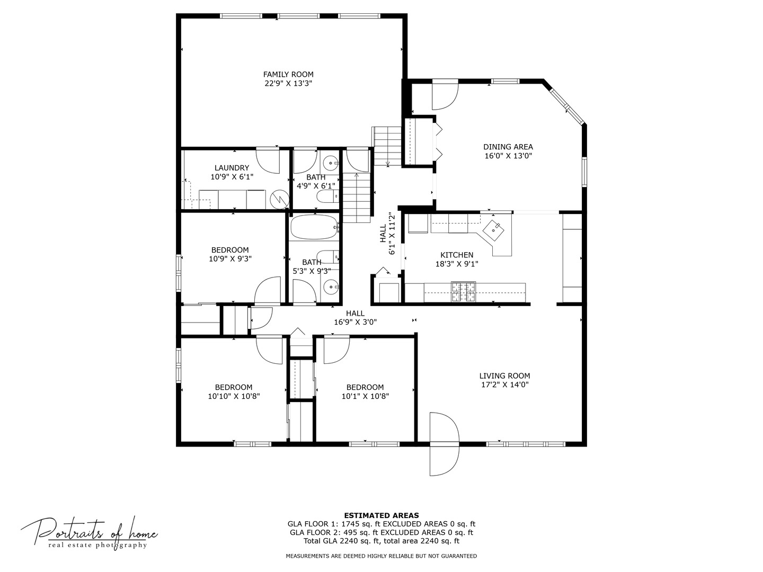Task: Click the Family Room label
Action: [288, 75]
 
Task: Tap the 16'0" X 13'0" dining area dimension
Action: [508, 156]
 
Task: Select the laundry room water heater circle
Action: [279, 199]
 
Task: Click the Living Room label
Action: [504, 376]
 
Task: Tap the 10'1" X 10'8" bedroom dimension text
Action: [365, 396]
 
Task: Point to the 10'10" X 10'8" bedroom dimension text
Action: [234, 396]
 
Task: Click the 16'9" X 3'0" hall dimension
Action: [355, 322]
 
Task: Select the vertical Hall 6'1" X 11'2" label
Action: [387, 233]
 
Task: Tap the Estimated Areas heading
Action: [381, 515]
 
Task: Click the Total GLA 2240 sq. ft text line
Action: [381, 541]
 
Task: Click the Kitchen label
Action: [457, 255]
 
